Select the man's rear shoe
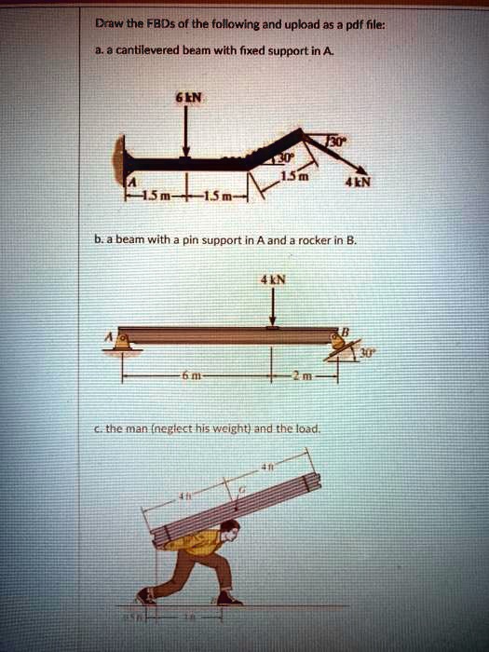pos(145,597)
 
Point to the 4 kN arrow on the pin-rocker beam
pos(271,306)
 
